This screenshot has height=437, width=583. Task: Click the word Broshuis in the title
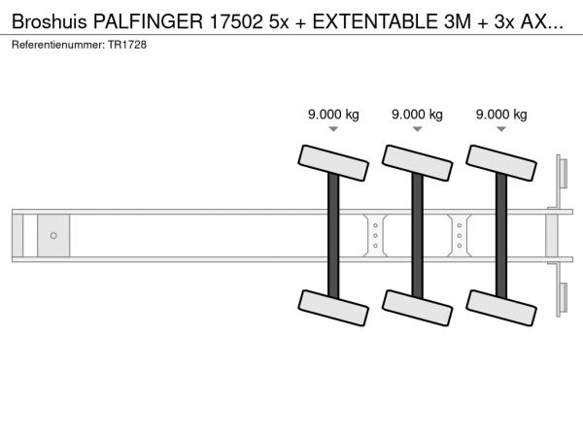pos(50,21)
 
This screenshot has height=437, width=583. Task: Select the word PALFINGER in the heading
pos(148,21)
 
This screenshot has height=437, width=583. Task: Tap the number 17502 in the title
pos(236,21)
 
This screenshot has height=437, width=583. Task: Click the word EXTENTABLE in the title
pos(375,21)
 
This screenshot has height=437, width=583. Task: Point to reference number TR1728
pos(127,45)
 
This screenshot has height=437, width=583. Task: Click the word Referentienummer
pos(58,45)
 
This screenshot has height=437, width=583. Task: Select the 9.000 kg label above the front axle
pos(333,115)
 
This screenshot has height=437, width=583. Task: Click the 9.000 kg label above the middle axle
pos(417,115)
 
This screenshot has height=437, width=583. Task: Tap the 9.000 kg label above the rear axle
pos(501,115)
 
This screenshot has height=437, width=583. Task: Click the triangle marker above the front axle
pos(333,129)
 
